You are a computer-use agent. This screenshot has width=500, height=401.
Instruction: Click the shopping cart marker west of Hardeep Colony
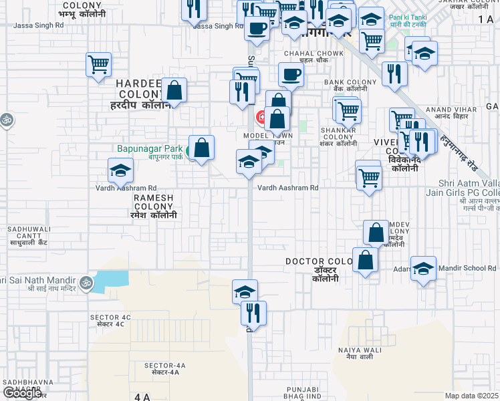point(98,65)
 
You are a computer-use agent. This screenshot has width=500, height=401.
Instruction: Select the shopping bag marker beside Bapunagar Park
point(201,148)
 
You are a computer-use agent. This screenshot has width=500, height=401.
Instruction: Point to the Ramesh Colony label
point(154,207)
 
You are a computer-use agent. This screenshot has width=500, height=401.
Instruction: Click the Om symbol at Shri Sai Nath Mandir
point(85,283)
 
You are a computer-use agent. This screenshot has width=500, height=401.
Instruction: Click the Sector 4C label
point(110,319)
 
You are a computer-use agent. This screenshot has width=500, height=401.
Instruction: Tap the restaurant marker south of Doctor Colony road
point(253,312)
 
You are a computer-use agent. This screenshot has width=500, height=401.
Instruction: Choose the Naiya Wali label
point(360,354)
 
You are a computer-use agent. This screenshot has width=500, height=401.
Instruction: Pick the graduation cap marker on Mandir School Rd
point(423,268)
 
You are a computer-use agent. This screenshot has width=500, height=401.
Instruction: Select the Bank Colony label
point(346,85)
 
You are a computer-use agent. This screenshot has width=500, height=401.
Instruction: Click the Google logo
point(22,392)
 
